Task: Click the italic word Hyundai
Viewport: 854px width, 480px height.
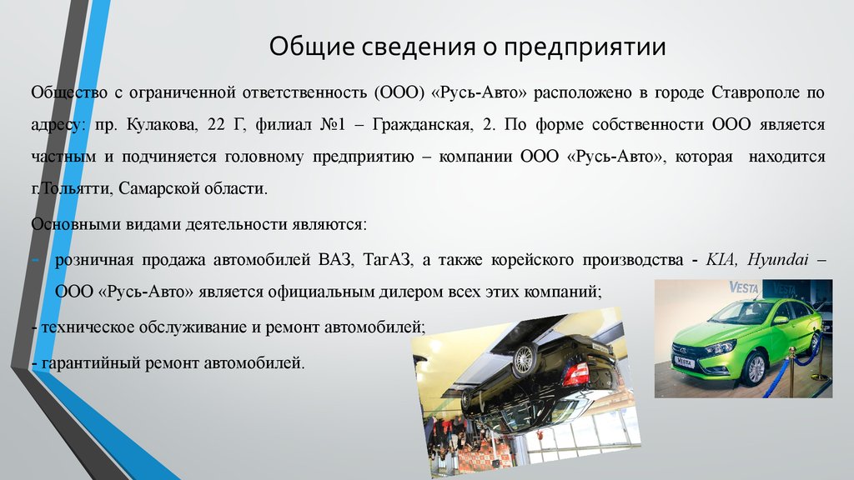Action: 778,260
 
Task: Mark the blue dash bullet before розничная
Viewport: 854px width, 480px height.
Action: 35,260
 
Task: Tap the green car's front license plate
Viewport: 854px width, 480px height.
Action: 684,362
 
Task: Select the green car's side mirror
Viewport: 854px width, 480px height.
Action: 781,320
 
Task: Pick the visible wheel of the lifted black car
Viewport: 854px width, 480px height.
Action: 524,357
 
